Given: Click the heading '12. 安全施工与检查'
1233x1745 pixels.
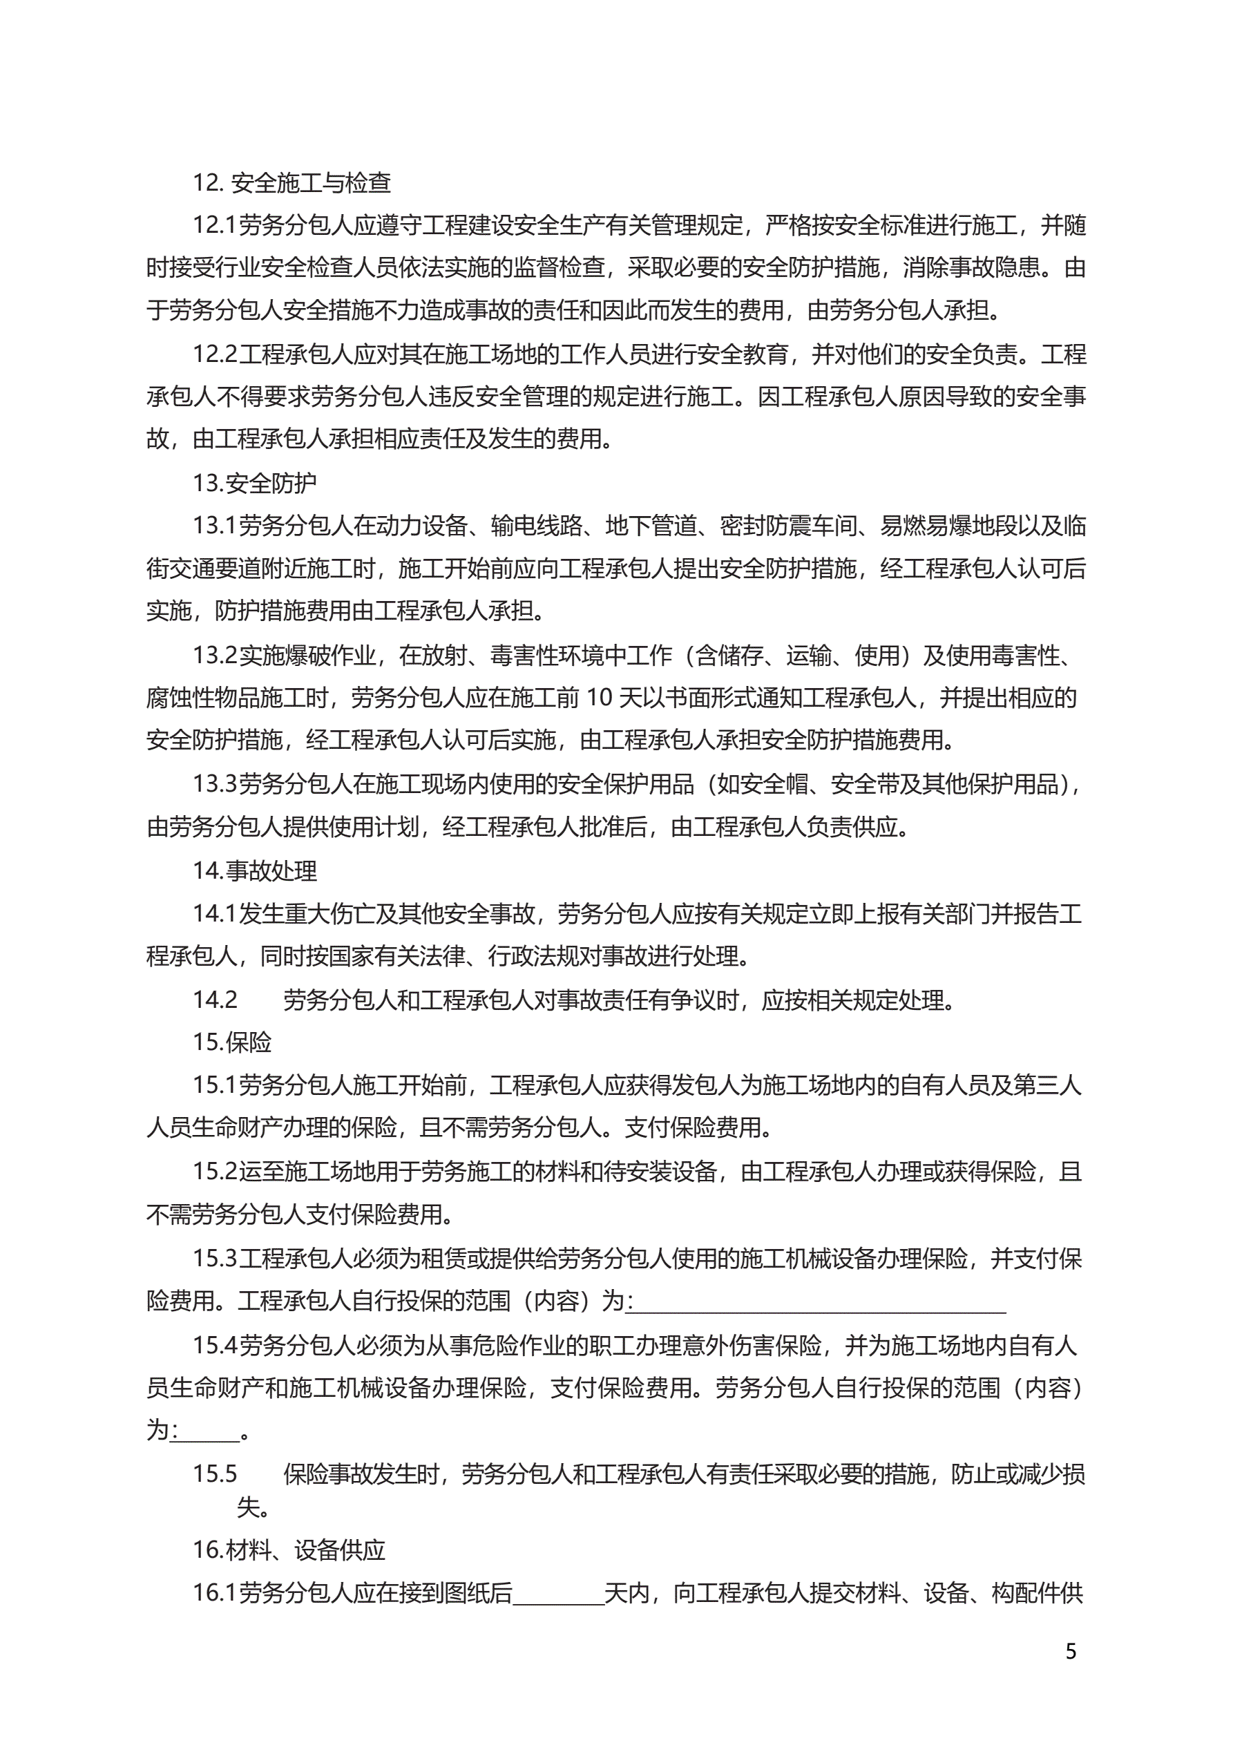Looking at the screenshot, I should pos(292,183).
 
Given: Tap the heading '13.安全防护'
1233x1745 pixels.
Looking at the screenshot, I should pos(255,484).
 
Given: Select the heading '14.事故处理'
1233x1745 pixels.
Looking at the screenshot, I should pos(255,871).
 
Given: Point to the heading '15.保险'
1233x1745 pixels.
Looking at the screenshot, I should pos(232,1042).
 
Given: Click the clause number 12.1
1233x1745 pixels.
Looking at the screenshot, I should pos(214,226).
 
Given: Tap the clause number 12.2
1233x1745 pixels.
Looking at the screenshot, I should pos(214,355).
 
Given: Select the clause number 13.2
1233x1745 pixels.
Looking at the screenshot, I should pos(214,655).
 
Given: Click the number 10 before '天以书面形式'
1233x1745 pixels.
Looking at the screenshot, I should pos(598,698).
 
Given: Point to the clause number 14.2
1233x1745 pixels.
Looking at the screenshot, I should pos(214,1000).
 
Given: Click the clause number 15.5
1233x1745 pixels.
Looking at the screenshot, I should pos(214,1474).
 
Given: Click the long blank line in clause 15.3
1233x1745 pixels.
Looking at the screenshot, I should pos(817,1304).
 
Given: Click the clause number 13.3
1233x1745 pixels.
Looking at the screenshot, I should pos(214,784).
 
